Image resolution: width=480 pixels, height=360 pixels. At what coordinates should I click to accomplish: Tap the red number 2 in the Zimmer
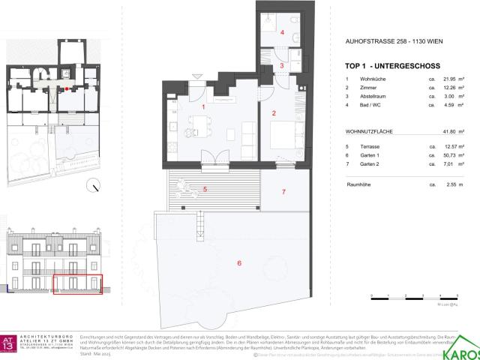(x=274, y=114)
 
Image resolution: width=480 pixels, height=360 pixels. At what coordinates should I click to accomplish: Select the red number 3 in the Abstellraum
(x=282, y=66)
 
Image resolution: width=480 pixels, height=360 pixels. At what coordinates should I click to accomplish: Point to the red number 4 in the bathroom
(x=282, y=33)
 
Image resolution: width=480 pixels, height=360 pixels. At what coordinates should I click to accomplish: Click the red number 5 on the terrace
(x=204, y=190)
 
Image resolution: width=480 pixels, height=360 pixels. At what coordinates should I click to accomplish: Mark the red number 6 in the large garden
(x=238, y=263)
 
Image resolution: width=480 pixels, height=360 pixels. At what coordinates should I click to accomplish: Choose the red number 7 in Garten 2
(x=283, y=193)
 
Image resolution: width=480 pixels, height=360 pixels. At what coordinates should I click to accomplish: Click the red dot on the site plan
(x=68, y=88)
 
